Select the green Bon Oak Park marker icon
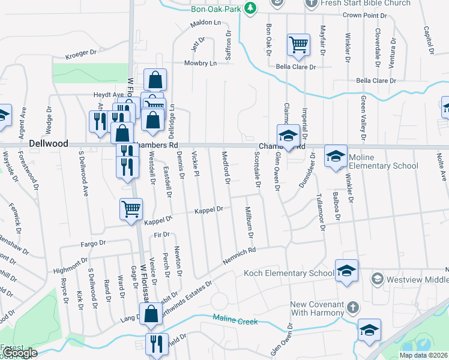pyautogui.click(x=253, y=8)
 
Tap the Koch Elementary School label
pyautogui.click(x=288, y=274)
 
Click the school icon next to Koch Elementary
pyautogui.click(x=346, y=271)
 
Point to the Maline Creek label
pyautogui.click(x=235, y=320)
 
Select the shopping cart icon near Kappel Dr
pyautogui.click(x=131, y=210)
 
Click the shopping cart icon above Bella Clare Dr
pyautogui.click(x=298, y=45)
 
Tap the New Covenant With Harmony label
pyautogui.click(x=318, y=308)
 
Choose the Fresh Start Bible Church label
pyautogui.click(x=366, y=3)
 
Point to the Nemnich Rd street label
pyautogui.click(x=240, y=251)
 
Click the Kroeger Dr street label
pyautogui.click(x=81, y=53)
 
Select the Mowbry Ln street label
pyautogui.click(x=200, y=62)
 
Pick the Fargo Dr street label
pyautogui.click(x=93, y=244)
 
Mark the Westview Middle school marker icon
pyautogui.click(x=377, y=278)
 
